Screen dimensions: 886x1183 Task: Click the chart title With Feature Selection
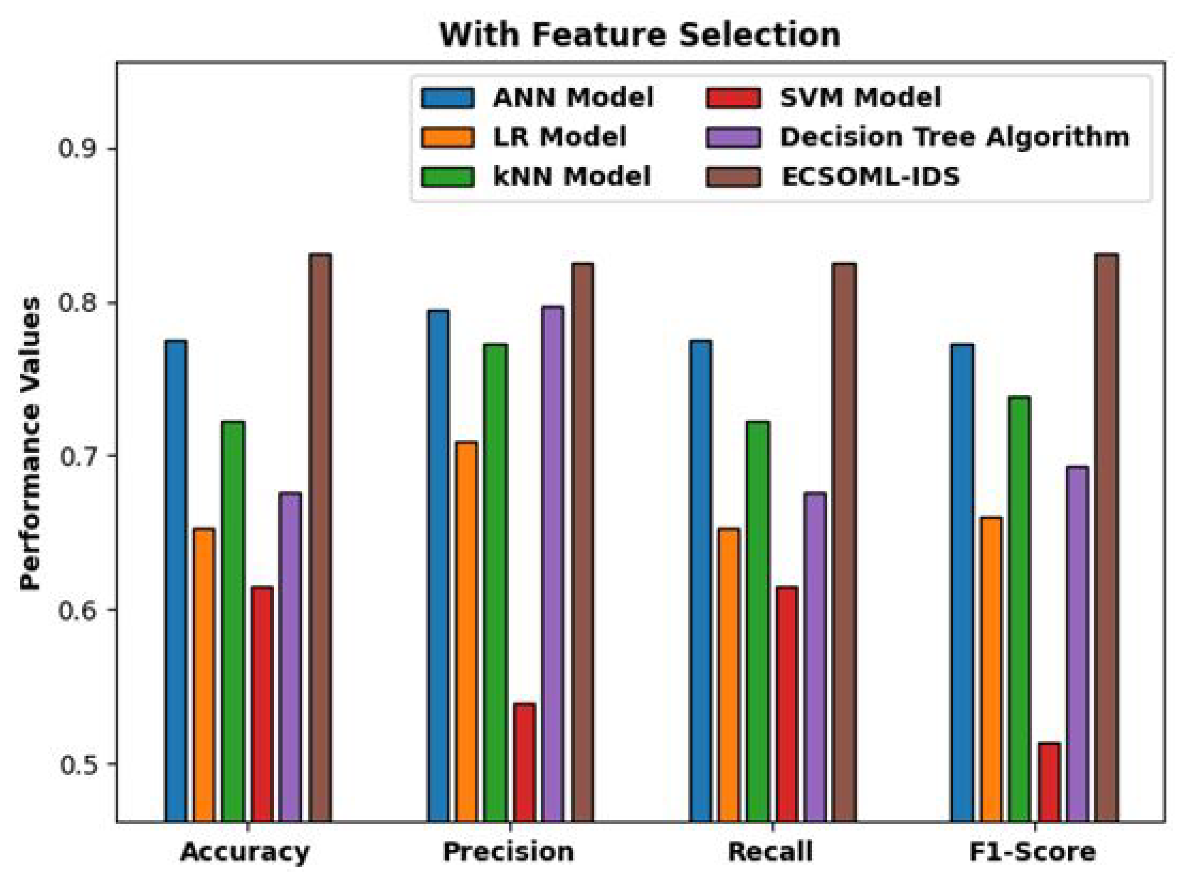[x=639, y=35]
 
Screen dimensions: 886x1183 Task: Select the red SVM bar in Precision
[x=524, y=762]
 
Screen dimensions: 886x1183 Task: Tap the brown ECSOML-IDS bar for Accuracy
[x=320, y=537]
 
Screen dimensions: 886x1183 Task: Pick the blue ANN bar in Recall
[x=700, y=580]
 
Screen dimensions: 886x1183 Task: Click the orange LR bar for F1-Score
[x=991, y=668]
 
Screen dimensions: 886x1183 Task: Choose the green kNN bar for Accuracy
[x=233, y=621]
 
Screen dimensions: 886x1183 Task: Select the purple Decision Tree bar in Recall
[x=815, y=657]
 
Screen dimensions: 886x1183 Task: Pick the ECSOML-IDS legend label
[x=870, y=177]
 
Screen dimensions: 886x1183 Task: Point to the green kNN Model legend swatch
[x=448, y=177]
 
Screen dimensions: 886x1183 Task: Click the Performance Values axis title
[x=30, y=443]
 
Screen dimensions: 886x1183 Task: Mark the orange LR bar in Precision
[x=466, y=632]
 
